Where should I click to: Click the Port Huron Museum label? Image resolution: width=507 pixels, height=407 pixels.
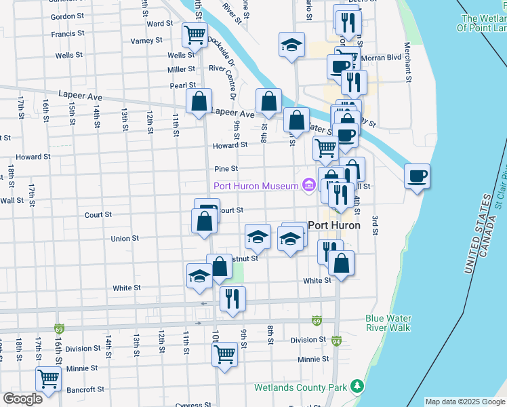click(x=256, y=187)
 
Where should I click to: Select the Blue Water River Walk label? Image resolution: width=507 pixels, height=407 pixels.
click(x=388, y=323)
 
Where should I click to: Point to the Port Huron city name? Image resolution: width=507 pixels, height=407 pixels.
click(x=333, y=225)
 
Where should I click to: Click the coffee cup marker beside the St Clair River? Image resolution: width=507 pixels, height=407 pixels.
click(x=417, y=176)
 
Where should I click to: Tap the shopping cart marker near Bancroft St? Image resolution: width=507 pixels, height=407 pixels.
click(x=48, y=378)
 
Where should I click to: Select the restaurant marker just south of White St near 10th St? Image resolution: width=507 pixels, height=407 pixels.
click(x=232, y=298)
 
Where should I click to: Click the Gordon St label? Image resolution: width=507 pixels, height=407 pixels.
click(x=67, y=16)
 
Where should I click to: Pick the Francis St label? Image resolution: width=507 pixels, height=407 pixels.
click(x=66, y=33)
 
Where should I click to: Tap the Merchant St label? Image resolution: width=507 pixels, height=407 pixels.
click(x=408, y=64)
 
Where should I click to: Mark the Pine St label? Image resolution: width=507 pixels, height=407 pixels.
click(x=226, y=168)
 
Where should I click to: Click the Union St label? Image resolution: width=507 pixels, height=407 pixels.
click(x=125, y=239)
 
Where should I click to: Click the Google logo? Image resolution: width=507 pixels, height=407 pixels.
click(x=22, y=399)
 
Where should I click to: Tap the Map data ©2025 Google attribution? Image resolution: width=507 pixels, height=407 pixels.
click(x=465, y=402)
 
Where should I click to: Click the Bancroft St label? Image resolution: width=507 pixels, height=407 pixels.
click(x=85, y=389)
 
